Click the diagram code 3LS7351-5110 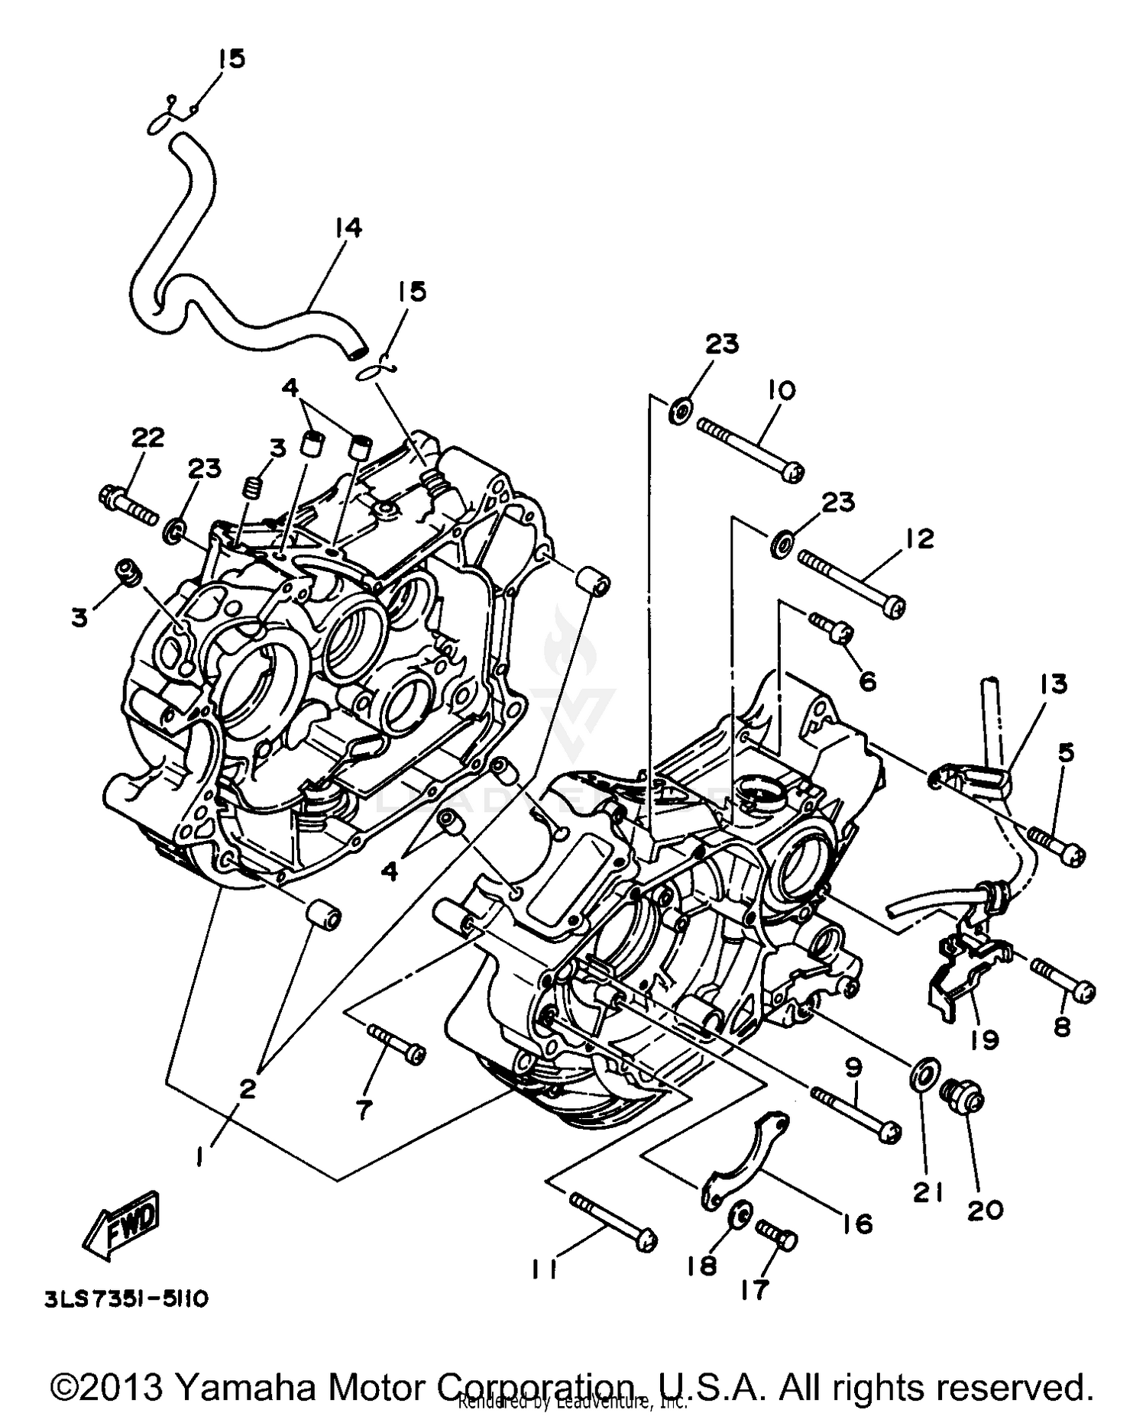click(125, 1299)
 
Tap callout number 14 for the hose click(347, 228)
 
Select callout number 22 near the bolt click(147, 438)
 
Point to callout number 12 click(920, 538)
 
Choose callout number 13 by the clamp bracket click(1053, 684)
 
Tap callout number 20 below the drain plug click(985, 1210)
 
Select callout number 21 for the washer click(928, 1192)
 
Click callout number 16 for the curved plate click(859, 1224)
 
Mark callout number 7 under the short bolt click(364, 1108)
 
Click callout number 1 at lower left click(200, 1159)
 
